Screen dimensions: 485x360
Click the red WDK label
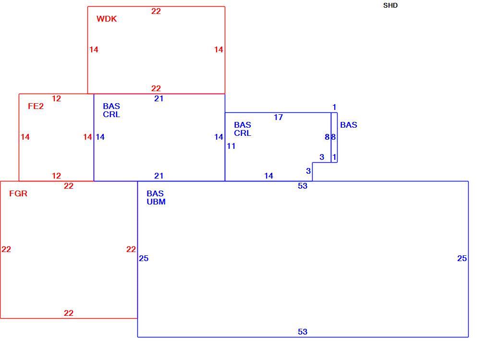107,19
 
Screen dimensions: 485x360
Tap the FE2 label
36,107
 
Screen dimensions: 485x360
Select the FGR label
18,193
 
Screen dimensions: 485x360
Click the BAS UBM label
156,198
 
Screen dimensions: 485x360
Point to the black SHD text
390,6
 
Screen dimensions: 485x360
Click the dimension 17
278,117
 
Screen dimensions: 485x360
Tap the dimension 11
231,146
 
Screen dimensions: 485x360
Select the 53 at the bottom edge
303,332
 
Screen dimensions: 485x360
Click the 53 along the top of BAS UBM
303,186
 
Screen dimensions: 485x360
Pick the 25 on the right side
462,258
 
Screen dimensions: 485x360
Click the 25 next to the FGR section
144,258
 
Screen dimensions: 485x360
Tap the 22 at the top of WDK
156,12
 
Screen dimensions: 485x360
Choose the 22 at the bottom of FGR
69,313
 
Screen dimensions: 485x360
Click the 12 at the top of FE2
56,99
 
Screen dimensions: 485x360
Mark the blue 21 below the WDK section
158,99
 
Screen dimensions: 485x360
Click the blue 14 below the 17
268,176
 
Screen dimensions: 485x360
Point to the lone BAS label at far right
349,125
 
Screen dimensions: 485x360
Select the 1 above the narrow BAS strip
334,107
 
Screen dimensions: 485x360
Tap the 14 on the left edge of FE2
25,137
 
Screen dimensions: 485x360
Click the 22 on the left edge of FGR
6,249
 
